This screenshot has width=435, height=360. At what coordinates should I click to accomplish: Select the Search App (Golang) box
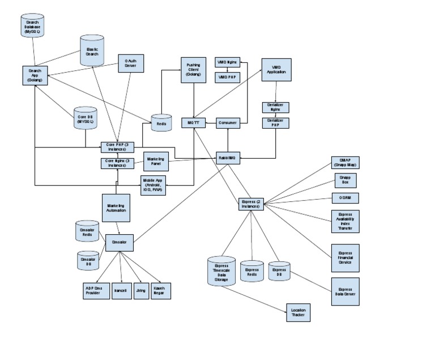click(x=35, y=77)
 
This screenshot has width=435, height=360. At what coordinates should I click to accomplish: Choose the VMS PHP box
click(x=227, y=76)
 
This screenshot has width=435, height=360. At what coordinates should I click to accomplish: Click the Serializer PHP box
click(x=276, y=122)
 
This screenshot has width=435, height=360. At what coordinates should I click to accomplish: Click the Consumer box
click(x=228, y=122)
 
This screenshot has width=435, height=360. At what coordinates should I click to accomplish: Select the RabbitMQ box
click(x=227, y=158)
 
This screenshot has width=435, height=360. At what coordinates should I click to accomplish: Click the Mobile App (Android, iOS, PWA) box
click(x=153, y=185)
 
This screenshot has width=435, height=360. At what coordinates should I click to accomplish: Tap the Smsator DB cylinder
click(x=87, y=260)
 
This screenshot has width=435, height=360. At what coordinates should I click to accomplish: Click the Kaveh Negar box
click(x=160, y=290)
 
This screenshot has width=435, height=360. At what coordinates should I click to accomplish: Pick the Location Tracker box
click(x=298, y=312)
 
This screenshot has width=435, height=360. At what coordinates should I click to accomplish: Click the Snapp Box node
click(x=345, y=180)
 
